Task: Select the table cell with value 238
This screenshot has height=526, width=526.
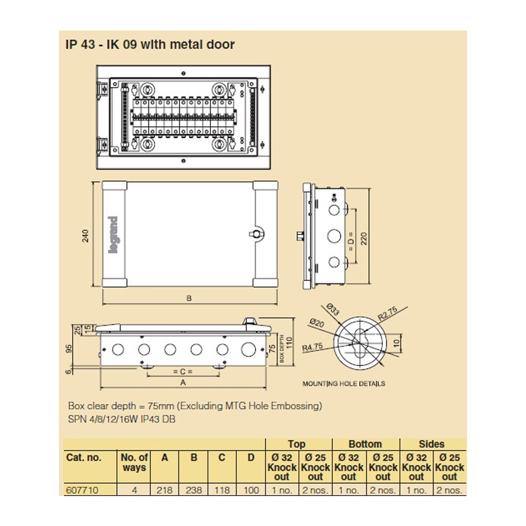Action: pos(194,490)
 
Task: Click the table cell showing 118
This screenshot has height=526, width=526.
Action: pos(222,490)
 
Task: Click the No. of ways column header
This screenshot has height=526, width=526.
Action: pos(135,462)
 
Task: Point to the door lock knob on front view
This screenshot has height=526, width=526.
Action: pos(256,234)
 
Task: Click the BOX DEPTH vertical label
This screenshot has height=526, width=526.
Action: pos(282,349)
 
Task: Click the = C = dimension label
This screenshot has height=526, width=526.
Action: pos(183,371)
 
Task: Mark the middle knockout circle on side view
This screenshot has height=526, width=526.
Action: pos(333,235)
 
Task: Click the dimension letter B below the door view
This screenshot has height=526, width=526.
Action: pos(189,298)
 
